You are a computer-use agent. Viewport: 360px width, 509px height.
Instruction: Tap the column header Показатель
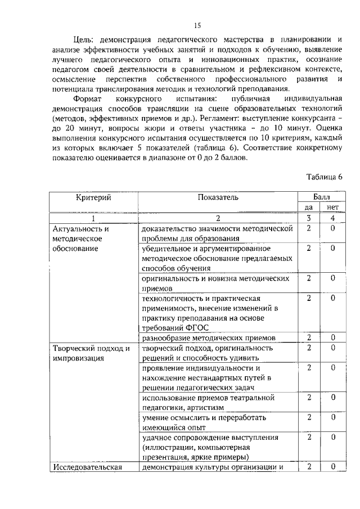pos(218,197)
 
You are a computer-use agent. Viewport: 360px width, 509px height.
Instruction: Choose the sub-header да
pos(309,208)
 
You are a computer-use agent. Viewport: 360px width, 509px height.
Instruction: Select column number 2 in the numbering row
pos(218,218)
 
